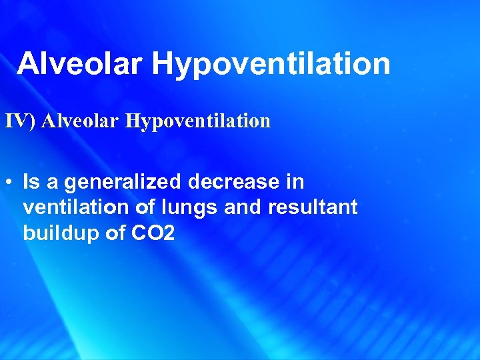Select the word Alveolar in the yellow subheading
pos(81,121)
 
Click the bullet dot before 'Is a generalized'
pos(10,181)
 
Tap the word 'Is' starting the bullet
pos(31,181)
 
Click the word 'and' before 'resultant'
pos(244,207)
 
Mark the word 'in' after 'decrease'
pos(295,181)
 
